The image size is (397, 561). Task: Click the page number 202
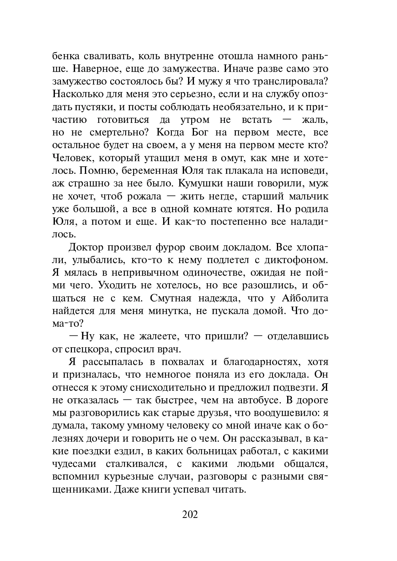tap(190, 514)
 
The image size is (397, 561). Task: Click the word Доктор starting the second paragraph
tap(86, 247)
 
